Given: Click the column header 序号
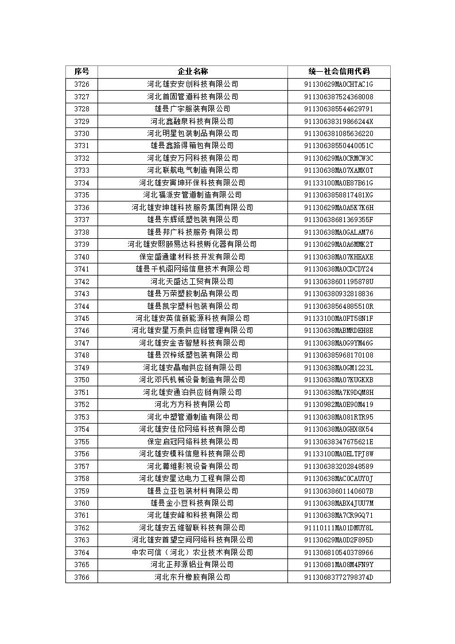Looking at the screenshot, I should pyautogui.click(x=81, y=72).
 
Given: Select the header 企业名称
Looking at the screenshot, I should pyautogui.click(x=192, y=72).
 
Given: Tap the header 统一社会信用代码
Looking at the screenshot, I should pyautogui.click(x=339, y=72).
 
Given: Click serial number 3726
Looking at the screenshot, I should pyautogui.click(x=81, y=84).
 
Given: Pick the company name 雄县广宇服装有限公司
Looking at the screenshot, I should pyautogui.click(x=192, y=109).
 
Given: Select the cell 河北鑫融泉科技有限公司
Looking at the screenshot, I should pyautogui.click(x=192, y=121).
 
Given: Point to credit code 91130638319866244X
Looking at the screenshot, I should pyautogui.click(x=339, y=121).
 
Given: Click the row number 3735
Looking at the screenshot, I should pyautogui.click(x=81, y=195).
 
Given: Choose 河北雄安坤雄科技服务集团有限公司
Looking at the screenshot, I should pyautogui.click(x=192, y=207).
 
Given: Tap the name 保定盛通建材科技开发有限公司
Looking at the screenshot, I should pyautogui.click(x=192, y=257).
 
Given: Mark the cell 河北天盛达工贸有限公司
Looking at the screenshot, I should pyautogui.click(x=192, y=281).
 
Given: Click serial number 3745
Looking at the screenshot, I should pyautogui.click(x=81, y=318).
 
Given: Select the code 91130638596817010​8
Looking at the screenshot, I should pyautogui.click(x=339, y=355).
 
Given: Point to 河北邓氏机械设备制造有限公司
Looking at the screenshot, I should pyautogui.click(x=192, y=379).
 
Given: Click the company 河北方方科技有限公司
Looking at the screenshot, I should pyautogui.click(x=192, y=404).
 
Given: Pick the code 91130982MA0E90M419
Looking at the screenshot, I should pyautogui.click(x=339, y=404).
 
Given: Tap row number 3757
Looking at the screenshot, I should pyautogui.click(x=81, y=466).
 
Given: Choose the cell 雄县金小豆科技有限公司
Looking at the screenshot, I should pyautogui.click(x=192, y=503).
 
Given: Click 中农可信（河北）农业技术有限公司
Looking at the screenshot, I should pyautogui.click(x=192, y=552).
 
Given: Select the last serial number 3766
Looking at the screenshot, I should pyautogui.click(x=81, y=577).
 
